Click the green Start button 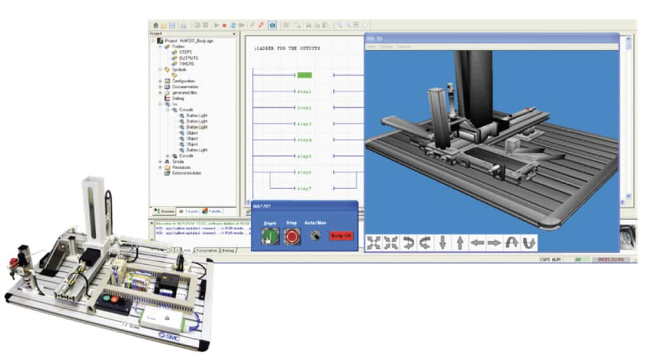[x=270, y=236]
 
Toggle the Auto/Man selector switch [x=313, y=236]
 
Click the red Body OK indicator [x=341, y=236]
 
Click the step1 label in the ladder [x=305, y=91]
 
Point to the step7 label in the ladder [x=305, y=189]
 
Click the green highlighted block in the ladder [x=305, y=75]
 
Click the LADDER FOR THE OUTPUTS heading [x=287, y=48]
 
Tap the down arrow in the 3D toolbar [x=442, y=243]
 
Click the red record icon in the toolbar [x=225, y=25]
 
